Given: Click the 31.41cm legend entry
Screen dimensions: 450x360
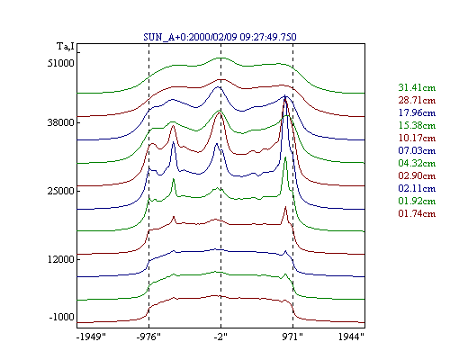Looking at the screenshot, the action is (417, 87).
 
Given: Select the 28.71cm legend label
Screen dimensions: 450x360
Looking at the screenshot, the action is (417, 100).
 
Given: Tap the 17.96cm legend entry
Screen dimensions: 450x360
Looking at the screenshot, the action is (417, 112).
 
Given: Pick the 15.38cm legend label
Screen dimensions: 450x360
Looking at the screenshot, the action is (417, 125).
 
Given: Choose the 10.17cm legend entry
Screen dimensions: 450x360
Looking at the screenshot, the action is (417, 138).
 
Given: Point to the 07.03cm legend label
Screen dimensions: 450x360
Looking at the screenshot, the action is (417, 150).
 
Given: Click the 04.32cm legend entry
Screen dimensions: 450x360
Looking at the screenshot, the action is (417, 163).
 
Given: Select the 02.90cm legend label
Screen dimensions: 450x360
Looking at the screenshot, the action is (417, 175).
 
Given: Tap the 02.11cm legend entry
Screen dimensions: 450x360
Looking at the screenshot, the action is (417, 188).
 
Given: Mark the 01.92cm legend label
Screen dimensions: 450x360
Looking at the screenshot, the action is (417, 201).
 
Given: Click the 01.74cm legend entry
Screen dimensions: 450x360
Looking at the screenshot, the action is (417, 213).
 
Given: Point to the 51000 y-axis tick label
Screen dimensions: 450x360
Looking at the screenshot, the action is (60, 63).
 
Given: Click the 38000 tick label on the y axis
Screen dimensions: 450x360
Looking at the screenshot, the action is (60, 122).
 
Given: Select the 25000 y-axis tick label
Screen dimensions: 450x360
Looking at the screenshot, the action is (60, 191).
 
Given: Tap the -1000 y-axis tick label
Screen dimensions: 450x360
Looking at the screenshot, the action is (61, 317).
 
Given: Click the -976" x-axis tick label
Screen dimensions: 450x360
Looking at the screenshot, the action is (148, 337).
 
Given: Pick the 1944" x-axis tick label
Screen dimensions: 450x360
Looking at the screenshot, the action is (351, 337).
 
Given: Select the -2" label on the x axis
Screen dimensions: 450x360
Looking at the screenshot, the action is (220, 337).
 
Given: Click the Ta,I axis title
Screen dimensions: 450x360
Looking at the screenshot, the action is (66, 47).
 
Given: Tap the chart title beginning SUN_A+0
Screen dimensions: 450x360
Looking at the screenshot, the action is (220, 37).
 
